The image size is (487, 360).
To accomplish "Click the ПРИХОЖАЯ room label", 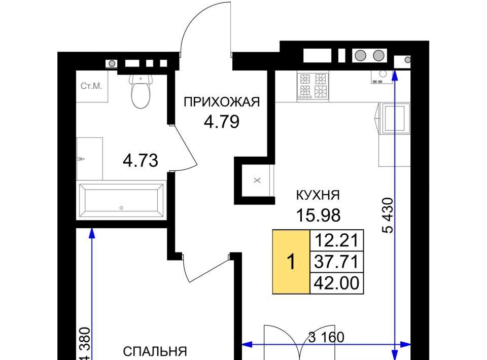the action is tap(222, 102).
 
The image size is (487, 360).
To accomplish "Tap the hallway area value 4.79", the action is tap(222, 122).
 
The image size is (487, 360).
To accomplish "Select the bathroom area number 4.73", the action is tap(141, 160).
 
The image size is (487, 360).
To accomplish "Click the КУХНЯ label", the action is tap(318, 195).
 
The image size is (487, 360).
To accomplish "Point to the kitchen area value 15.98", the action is tap(319, 215).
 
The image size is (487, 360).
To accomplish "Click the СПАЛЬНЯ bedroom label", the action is tap(155, 351).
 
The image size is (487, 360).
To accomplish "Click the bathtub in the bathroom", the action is tap(121, 201).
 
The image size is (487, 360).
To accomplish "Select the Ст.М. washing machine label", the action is tap(91, 86).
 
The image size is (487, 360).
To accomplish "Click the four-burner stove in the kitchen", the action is tap(313, 86).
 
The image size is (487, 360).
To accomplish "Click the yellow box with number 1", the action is tap(291, 262).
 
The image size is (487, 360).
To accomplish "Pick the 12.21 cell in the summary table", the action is tap(337, 240).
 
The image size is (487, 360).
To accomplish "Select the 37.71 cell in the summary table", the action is tap(337, 262).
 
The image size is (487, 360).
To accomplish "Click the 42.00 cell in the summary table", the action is tap(337, 283).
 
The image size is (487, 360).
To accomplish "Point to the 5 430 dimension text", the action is tap(388, 215).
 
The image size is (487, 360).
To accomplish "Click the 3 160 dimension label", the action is tap(326, 337).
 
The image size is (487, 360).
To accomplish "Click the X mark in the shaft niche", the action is tap(257, 180).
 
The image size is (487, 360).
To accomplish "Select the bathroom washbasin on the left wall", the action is tap(89, 159).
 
